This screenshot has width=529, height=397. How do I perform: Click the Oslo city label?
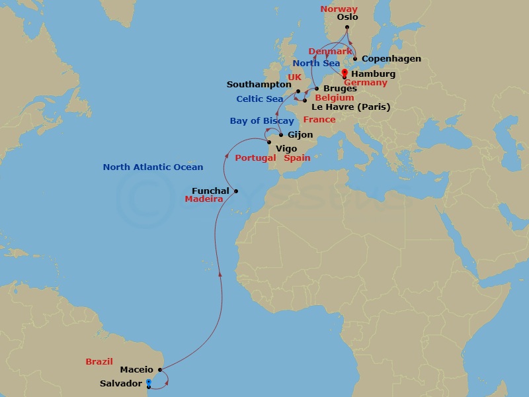point(347,18)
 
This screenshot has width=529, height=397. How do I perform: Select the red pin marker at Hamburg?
point(344,73)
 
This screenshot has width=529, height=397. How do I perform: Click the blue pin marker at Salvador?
point(148,382)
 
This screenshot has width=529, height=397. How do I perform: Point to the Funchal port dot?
point(235,192)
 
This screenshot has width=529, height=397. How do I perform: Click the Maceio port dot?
point(161,370)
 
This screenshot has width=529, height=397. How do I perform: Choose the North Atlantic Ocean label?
point(153,167)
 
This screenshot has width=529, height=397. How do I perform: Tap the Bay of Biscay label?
point(262,121)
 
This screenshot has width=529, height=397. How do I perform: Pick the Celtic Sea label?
point(260,99)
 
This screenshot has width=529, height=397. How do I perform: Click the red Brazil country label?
point(100,362)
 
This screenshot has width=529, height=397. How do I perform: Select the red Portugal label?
point(255,158)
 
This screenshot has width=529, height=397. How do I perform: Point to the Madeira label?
point(204,199)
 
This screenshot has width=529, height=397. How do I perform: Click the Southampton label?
point(259,85)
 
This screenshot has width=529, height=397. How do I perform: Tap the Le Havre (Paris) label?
point(350,107)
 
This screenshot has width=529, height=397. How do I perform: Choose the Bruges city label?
point(340,89)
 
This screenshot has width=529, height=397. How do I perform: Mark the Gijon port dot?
point(281,135)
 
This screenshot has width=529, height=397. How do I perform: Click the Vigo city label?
point(286,149)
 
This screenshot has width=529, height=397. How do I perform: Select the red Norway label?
point(339,9)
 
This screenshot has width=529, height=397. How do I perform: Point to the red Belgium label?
point(334,98)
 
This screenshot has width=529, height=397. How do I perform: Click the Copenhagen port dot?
point(355,59)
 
